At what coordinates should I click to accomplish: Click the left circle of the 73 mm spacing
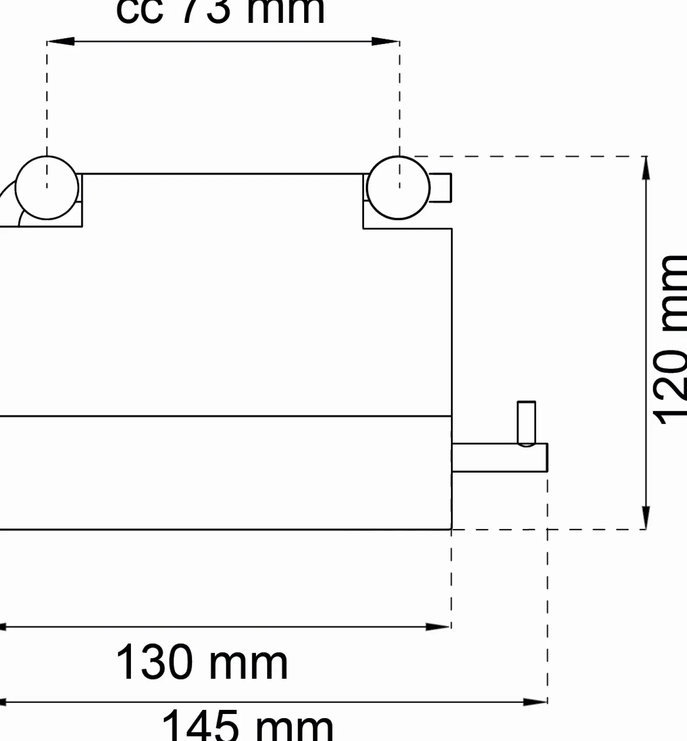coord(47,188)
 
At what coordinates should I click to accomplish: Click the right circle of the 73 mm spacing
coord(398,188)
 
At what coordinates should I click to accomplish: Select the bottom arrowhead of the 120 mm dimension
coord(646,518)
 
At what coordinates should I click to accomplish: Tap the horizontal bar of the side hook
coord(499,458)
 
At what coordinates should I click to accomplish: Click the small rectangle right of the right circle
coord(441,188)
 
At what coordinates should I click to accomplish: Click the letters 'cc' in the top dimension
coord(139,11)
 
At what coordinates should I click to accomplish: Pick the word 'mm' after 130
coord(248,664)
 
